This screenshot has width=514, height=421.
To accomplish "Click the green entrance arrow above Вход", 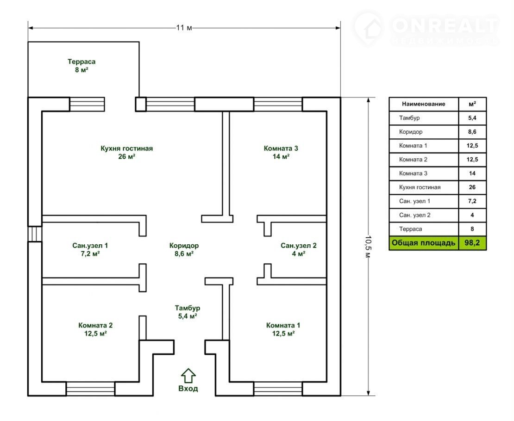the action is click(x=188, y=376).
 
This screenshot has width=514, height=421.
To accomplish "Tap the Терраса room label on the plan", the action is click(x=81, y=66).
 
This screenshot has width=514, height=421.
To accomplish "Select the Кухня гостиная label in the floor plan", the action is click(x=126, y=152).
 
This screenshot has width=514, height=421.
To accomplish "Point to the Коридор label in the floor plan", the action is click(x=184, y=249).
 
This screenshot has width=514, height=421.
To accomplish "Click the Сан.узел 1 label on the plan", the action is click(x=90, y=249).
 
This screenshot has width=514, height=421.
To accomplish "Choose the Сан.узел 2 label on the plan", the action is click(x=299, y=249).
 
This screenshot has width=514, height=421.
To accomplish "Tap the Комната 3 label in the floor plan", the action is click(x=281, y=152).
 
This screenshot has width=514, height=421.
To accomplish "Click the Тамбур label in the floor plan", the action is click(x=188, y=312).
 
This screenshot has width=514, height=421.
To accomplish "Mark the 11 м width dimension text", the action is click(x=184, y=27).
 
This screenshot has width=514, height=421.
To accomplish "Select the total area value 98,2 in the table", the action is click(x=472, y=243).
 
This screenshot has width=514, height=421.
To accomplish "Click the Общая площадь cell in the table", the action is click(x=424, y=243).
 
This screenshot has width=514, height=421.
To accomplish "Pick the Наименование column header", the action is click(x=424, y=104).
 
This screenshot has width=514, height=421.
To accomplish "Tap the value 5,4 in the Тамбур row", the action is click(x=472, y=118).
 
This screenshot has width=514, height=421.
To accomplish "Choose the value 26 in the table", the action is click(x=472, y=187).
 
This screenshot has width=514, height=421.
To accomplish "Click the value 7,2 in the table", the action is click(x=472, y=201).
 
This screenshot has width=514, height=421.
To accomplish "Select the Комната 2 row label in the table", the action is click(x=413, y=160).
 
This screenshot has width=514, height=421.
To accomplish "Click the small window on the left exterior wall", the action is click(x=35, y=234).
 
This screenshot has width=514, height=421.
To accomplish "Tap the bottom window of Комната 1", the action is click(x=278, y=389).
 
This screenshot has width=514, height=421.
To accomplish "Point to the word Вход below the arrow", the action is click(x=188, y=389).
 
